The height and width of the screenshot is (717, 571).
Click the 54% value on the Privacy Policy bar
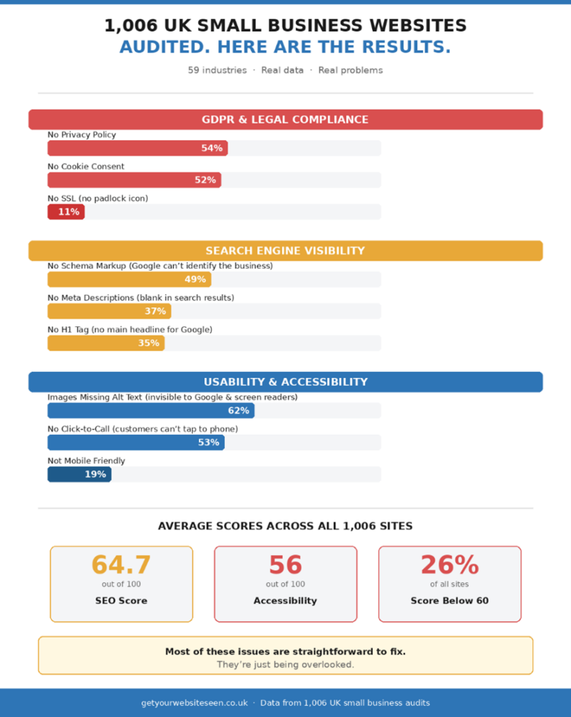(x=212, y=148)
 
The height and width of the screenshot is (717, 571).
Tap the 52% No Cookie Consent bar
(x=134, y=180)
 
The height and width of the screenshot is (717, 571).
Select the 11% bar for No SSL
(x=66, y=212)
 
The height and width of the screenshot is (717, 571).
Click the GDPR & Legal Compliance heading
(x=285, y=120)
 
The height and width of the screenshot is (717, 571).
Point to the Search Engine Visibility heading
(x=285, y=251)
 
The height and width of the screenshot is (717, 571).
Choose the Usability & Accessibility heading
(x=285, y=382)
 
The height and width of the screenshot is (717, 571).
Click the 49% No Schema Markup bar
(x=129, y=279)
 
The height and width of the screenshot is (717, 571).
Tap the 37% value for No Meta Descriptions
(x=156, y=312)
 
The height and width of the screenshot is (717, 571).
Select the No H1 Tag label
(x=130, y=329)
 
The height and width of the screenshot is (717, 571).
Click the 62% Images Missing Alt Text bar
(x=151, y=410)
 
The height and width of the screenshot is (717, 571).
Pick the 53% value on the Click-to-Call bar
(x=208, y=443)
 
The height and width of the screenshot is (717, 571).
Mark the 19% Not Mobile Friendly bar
(x=79, y=475)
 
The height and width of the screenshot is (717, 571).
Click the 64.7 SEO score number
(x=121, y=565)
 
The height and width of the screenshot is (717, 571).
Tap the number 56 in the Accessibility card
(x=285, y=565)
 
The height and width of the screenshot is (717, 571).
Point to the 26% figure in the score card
(x=450, y=565)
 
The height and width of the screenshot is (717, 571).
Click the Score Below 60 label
(x=450, y=601)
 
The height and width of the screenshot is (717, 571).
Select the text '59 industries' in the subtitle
(x=217, y=70)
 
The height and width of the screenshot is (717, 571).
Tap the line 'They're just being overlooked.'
(x=285, y=664)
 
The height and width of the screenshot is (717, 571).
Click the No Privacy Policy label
(x=82, y=134)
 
